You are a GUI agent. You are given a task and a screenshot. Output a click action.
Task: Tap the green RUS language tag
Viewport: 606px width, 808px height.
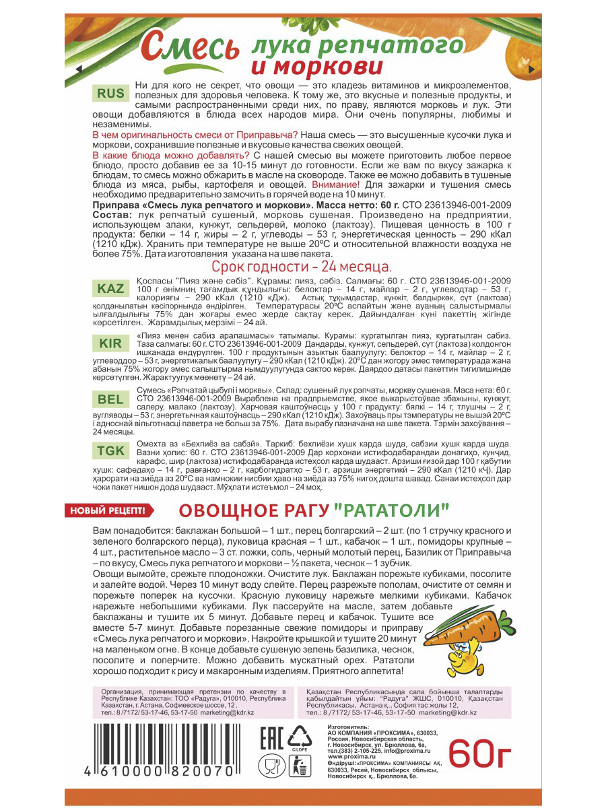(111, 94)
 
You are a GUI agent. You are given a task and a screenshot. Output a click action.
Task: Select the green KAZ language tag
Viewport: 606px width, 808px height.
(111, 288)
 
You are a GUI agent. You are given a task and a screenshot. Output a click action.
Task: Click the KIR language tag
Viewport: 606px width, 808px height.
(111, 343)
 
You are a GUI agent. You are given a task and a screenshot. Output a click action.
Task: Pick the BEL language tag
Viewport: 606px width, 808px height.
(111, 399)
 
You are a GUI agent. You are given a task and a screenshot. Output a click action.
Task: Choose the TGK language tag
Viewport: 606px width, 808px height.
(111, 451)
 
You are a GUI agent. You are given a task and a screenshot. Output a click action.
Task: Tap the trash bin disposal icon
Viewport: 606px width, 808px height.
(300, 766)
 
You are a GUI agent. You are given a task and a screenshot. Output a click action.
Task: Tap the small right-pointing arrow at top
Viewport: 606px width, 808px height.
(533, 69)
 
